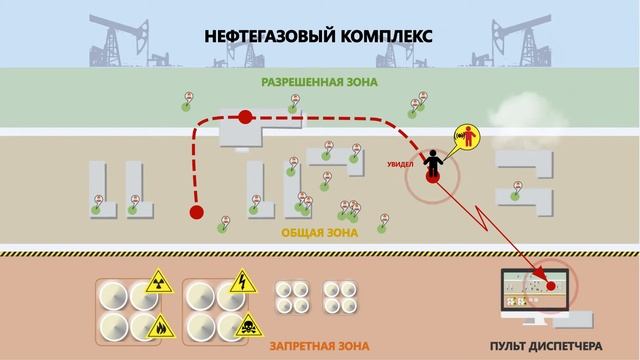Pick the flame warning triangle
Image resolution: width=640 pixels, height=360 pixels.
click(160, 325)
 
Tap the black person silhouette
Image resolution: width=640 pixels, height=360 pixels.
click(433, 161)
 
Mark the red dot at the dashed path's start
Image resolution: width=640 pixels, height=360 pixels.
click(196, 212)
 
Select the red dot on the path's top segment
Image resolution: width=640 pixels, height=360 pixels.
click(246, 118)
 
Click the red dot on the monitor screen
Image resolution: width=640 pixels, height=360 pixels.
click(550, 283)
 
